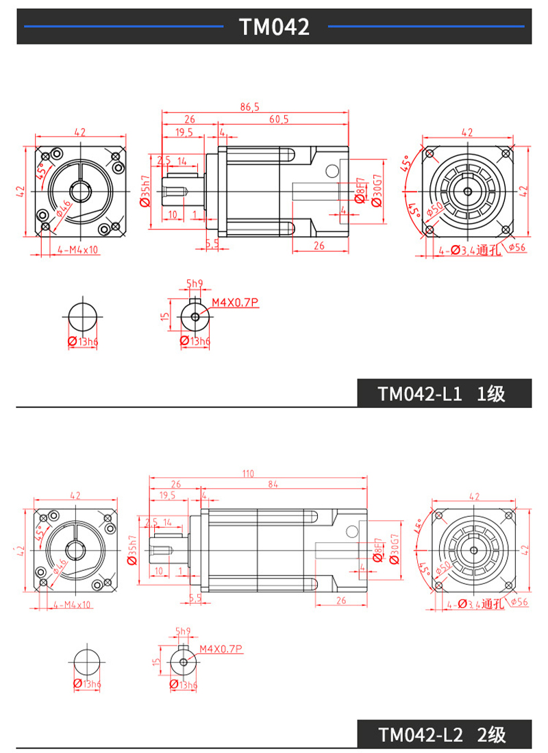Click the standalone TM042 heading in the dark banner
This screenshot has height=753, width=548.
[x=274, y=27]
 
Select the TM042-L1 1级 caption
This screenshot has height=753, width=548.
[x=442, y=394]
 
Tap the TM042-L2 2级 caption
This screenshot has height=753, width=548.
[x=442, y=735]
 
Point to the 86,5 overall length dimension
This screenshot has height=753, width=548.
[x=250, y=107]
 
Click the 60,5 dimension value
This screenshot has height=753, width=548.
[x=279, y=119]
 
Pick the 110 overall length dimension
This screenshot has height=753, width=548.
[x=247, y=474]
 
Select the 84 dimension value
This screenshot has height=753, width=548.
[x=273, y=485]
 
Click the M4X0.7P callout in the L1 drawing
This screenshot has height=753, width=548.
[x=236, y=302]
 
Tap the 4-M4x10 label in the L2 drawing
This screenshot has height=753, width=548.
[x=72, y=604]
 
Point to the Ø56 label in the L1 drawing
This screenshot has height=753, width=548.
[x=516, y=247]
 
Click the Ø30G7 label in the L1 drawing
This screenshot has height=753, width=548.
[x=376, y=190]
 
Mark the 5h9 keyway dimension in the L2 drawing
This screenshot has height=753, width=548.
[x=183, y=631]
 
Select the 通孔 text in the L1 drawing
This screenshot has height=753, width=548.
[x=490, y=250]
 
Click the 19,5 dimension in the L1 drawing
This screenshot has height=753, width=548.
[x=184, y=132]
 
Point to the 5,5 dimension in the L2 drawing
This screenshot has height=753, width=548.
[x=195, y=598]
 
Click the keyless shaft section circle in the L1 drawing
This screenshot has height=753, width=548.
[x=83, y=318]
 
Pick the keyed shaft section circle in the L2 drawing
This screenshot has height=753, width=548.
[x=184, y=662]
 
